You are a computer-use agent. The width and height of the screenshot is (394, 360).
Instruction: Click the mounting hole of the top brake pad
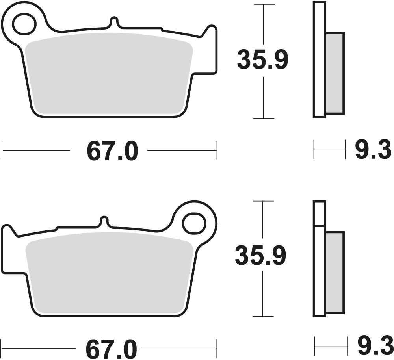[25, 24]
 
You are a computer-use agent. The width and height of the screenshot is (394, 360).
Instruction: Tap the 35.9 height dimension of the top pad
[262, 59]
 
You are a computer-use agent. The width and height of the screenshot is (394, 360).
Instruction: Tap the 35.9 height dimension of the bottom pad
[260, 255]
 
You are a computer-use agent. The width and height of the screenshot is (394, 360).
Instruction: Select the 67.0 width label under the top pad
[112, 151]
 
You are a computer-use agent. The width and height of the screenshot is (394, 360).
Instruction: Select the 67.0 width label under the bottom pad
[111, 349]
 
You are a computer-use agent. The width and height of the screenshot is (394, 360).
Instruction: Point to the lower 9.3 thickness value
[374, 347]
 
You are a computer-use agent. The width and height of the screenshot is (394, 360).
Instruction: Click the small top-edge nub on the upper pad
[114, 21]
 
